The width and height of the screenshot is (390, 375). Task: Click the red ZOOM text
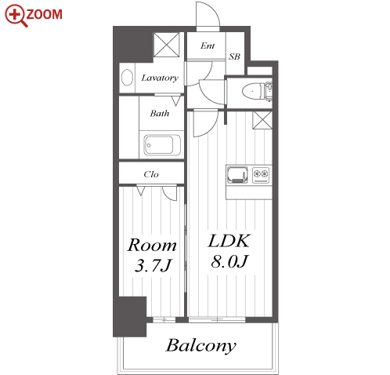click(44, 14)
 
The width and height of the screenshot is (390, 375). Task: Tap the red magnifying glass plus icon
click(15, 15)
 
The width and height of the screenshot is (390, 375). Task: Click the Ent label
click(208, 46)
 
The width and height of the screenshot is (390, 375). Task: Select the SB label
click(234, 56)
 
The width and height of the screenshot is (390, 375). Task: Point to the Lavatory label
click(160, 78)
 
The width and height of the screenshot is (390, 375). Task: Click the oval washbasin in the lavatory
click(128, 77)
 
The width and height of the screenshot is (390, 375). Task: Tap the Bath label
click(160, 113)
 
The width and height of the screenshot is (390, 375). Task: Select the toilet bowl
click(253, 92)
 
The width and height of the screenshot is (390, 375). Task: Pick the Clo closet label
click(151, 174)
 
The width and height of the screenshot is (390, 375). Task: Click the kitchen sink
click(237, 174)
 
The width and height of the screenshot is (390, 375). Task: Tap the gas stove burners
click(261, 174)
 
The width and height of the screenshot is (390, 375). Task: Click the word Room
click(152, 246)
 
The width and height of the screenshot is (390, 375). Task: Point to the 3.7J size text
click(153, 266)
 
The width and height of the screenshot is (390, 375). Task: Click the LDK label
click(229, 241)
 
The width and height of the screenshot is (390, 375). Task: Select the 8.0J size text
click(229, 261)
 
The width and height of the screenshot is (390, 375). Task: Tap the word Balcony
click(201, 346)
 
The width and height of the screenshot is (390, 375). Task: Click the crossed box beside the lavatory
click(167, 45)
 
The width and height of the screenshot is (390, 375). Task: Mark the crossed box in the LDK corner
click(262, 120)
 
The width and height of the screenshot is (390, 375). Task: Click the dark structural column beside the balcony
click(129, 317)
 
